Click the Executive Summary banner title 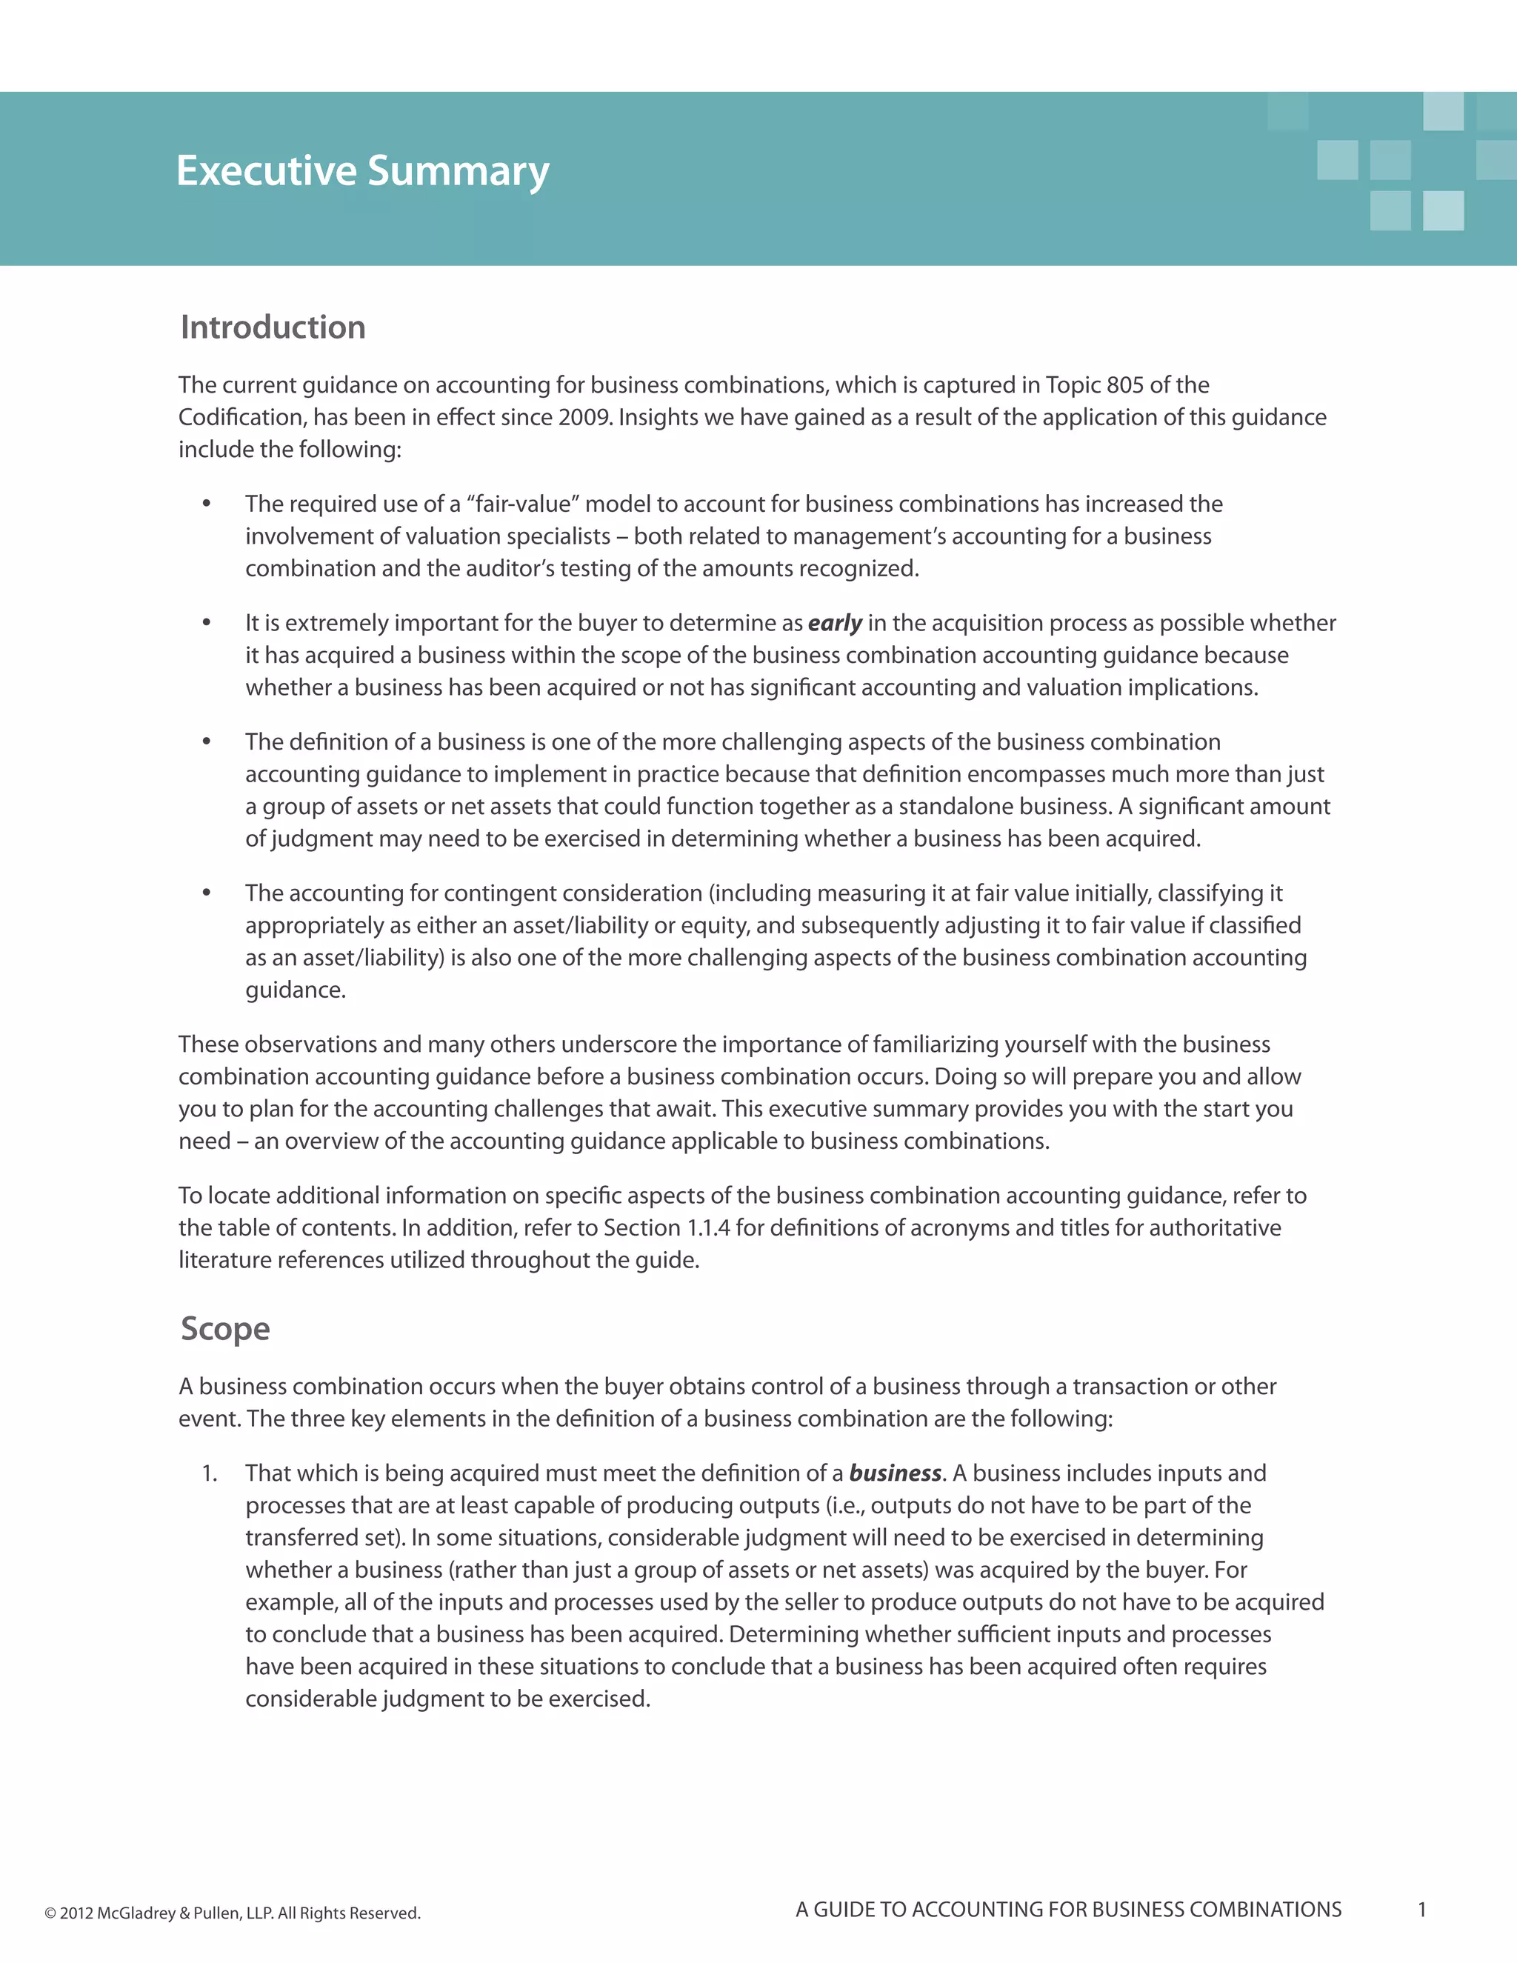coord(362,171)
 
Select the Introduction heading coord(273,327)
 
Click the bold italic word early coord(834,623)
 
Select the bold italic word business coord(894,1473)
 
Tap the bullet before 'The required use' coord(207,504)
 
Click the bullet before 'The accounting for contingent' coord(207,893)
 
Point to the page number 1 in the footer coord(1421,1910)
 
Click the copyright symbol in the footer coord(50,1913)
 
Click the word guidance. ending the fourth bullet coord(296,990)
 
